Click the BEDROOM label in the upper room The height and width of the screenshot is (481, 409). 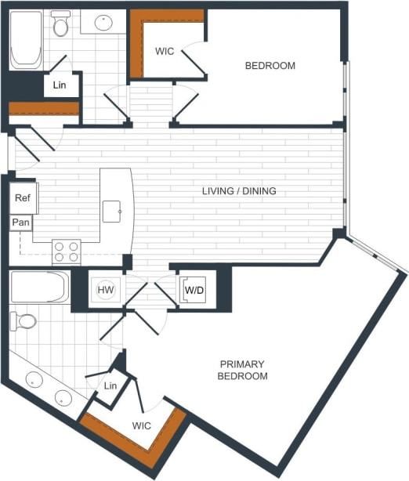(270, 66)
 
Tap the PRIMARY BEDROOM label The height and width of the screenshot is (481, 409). (242, 371)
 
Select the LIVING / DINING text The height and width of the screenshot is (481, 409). (239, 191)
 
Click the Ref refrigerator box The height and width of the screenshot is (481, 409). (23, 198)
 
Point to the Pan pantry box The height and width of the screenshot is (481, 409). (21, 223)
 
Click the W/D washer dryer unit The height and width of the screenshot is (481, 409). (194, 291)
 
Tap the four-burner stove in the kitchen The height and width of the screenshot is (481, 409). (66, 251)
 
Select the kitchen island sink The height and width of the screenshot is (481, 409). (111, 210)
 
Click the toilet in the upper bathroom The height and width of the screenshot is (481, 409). (61, 26)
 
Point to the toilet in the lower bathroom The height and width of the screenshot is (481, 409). (24, 320)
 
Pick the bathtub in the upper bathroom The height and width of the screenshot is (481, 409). (25, 40)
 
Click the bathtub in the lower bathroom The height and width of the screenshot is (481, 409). (39, 287)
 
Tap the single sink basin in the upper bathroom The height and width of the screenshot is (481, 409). (103, 23)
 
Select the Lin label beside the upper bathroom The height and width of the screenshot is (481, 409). (60, 85)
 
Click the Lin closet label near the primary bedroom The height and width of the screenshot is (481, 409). (110, 386)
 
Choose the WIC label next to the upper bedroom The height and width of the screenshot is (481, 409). (165, 52)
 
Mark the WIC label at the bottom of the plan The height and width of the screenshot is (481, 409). (142, 426)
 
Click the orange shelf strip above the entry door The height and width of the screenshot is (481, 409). (44, 109)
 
